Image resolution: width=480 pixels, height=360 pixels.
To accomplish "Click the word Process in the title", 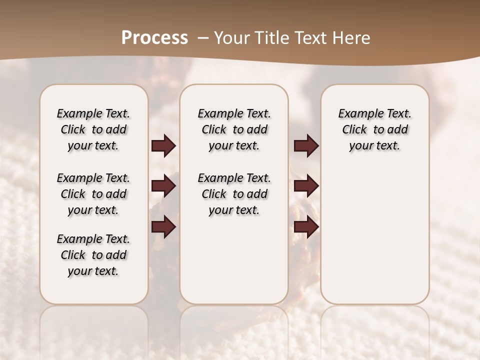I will pyautogui.click(x=154, y=38).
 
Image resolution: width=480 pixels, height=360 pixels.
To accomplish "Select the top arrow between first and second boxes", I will pyautogui.click(x=163, y=146).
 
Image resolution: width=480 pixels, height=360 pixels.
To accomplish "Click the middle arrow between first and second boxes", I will pyautogui.click(x=163, y=186).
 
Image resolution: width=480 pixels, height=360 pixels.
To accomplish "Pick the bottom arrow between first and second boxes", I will pyautogui.click(x=163, y=227).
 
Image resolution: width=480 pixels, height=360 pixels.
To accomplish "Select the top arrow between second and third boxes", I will pyautogui.click(x=306, y=146).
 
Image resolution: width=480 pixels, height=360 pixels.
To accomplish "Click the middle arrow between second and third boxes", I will pyautogui.click(x=306, y=186).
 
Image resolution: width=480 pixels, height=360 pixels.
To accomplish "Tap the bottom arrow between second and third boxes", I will pyautogui.click(x=306, y=227).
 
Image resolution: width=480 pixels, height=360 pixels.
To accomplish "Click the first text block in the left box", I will pyautogui.click(x=93, y=129).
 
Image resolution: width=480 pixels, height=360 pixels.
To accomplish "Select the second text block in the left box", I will pyautogui.click(x=93, y=194).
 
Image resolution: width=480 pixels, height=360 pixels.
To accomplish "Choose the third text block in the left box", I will pyautogui.click(x=93, y=255).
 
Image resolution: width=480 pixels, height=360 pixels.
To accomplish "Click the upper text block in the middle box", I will pyautogui.click(x=234, y=129).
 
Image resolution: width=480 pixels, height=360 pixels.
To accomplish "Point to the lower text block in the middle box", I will pyautogui.click(x=234, y=194).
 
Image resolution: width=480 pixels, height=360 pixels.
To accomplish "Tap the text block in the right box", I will pyautogui.click(x=374, y=129).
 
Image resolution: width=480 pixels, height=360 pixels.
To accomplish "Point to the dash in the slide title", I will pyautogui.click(x=202, y=38).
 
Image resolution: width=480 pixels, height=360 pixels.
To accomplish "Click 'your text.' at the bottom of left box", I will pyautogui.click(x=93, y=271).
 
